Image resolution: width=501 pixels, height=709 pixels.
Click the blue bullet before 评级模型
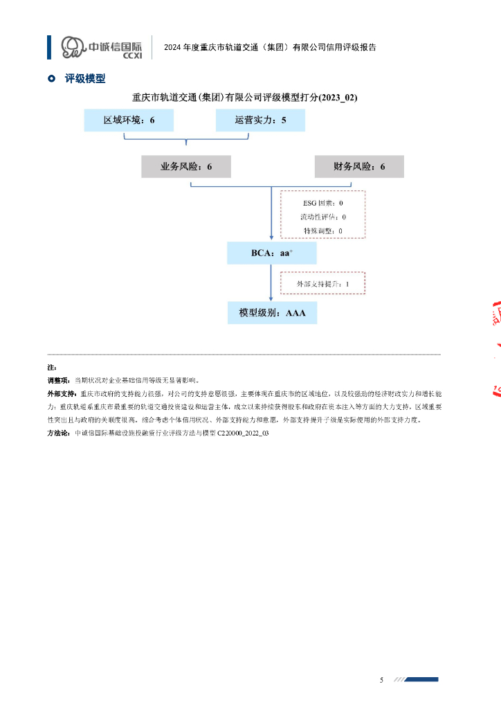pos(51,79)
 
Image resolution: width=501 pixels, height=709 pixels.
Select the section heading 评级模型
pos(85,79)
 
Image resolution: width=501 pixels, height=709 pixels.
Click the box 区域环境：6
pos(129,120)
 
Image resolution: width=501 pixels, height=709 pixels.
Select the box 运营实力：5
pos(260,120)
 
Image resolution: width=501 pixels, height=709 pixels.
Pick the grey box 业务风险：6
pos(186,167)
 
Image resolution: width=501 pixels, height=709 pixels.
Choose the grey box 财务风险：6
pos(359,167)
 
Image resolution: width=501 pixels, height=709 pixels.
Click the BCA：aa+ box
pos(272,253)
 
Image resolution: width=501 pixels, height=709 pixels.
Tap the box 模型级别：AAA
pos(272,313)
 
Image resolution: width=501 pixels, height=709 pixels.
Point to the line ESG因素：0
pos(322,204)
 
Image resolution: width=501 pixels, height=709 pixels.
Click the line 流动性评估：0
pos(322,217)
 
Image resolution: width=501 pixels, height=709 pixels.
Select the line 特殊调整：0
pos(322,230)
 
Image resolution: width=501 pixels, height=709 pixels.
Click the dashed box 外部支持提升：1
pos(322,284)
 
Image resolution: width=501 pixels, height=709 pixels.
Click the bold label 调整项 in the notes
pos(58,380)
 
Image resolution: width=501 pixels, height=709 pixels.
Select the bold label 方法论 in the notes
pos(58,433)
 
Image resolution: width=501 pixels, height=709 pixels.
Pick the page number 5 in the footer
pos(381,680)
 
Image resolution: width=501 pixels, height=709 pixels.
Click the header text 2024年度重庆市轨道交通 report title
pos(270,48)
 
